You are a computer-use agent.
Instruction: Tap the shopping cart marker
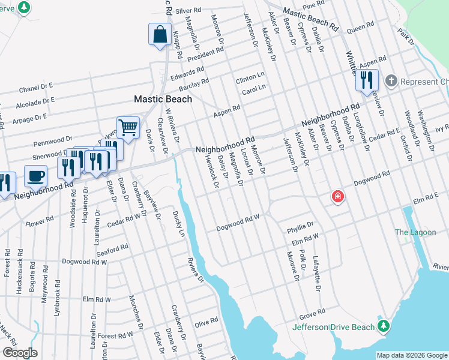coord(127,127)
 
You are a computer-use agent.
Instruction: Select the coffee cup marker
coord(35,176)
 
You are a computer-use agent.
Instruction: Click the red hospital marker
coord(338,196)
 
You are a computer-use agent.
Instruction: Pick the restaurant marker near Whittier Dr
coord(366,81)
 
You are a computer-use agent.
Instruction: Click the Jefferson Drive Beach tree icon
coord(384,327)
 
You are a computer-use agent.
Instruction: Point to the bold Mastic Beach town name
coord(163,99)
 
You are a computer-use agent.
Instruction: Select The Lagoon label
coord(409,232)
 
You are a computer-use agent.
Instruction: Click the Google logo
coord(20,352)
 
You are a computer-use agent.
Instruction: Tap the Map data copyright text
coord(411,355)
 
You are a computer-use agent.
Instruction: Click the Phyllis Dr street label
coord(300,226)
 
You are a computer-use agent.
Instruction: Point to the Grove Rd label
coord(312,314)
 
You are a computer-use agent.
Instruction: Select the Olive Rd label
coord(206,322)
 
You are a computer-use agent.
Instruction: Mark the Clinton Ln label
coord(250,78)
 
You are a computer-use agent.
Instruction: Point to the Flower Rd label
coord(40,222)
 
